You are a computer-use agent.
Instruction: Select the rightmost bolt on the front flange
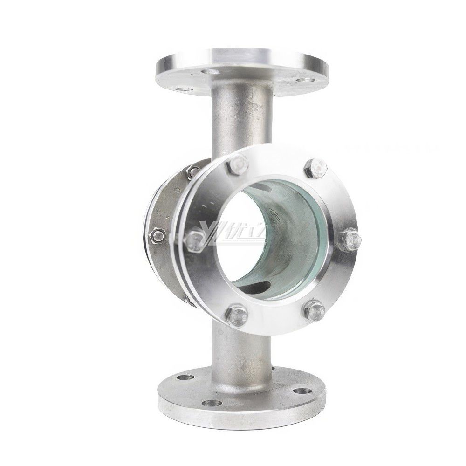click(352, 240)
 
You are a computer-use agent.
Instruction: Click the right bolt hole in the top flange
click(305, 80)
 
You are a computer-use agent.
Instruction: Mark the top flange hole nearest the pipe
click(211, 71)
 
